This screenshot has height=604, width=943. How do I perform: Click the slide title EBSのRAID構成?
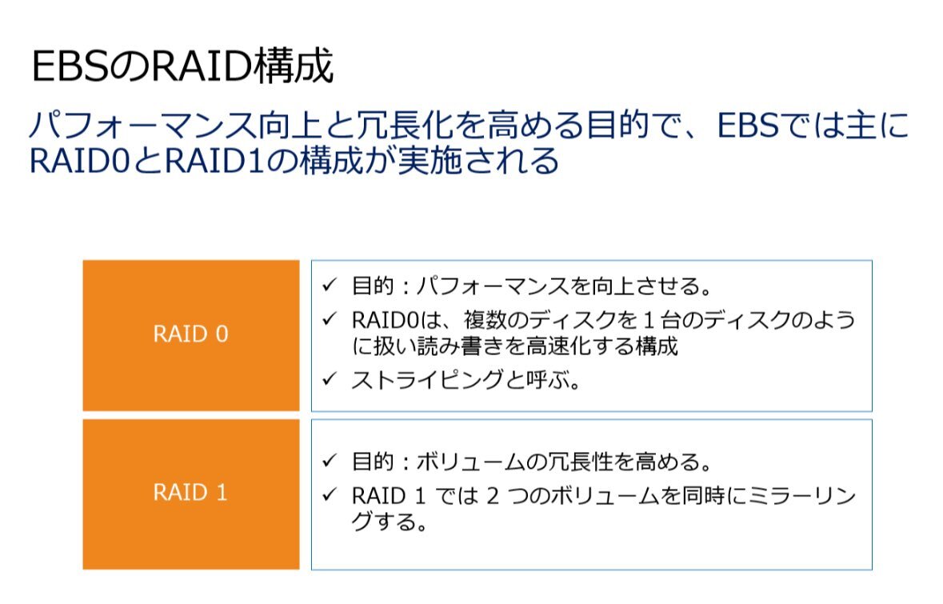pyautogui.click(x=182, y=66)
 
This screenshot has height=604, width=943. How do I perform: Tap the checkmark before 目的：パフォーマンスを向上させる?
pyautogui.click(x=330, y=285)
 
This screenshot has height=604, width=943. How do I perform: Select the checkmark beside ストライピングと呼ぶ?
pyautogui.click(x=330, y=379)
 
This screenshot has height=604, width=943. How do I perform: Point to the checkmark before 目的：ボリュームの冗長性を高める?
pyautogui.click(x=330, y=461)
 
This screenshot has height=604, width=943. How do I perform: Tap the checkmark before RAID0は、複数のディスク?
pyautogui.click(x=330, y=319)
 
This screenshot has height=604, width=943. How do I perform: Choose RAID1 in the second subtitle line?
pyautogui.click(x=214, y=162)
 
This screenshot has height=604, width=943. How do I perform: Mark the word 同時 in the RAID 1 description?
pyautogui.click(x=702, y=496)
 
